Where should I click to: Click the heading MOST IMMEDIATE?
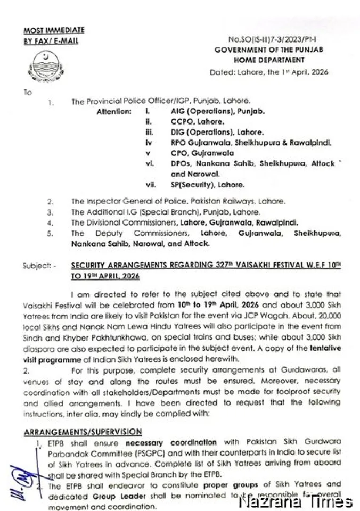(54, 31)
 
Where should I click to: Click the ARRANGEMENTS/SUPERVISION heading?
(83, 432)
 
